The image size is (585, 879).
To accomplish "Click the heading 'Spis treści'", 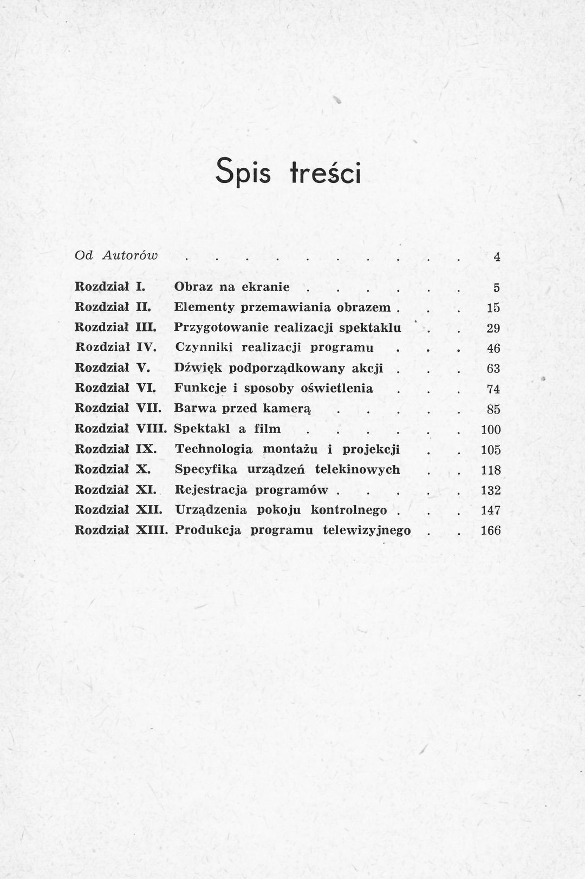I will [288, 172].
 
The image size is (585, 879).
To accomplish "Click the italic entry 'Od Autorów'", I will [115, 255].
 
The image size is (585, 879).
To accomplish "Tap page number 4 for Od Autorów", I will [496, 258].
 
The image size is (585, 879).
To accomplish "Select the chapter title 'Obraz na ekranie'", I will [232, 287].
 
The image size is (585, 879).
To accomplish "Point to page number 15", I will [493, 309].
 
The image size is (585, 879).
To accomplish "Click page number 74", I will [493, 389].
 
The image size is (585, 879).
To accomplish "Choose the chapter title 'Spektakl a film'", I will [227, 429].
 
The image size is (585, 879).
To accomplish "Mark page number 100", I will [491, 430].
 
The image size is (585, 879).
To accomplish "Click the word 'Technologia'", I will [214, 449].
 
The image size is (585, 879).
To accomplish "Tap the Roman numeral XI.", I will [145, 490].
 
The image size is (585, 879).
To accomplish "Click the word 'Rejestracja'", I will [211, 490].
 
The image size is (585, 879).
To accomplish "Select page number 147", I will [491, 510].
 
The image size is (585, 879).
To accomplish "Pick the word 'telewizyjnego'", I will [367, 530].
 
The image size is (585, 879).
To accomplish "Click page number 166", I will [491, 531].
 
